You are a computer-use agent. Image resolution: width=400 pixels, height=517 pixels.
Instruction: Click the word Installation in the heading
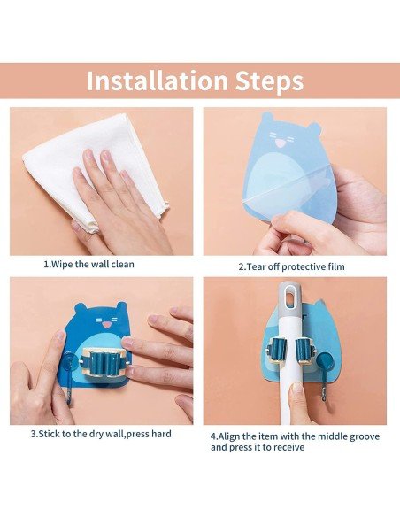point(158,81)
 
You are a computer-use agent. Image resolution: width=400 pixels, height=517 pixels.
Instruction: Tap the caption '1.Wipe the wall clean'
point(89,264)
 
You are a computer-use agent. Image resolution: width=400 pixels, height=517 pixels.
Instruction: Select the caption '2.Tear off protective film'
point(292,266)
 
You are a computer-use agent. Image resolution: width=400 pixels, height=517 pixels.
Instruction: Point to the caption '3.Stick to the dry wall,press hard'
point(101,434)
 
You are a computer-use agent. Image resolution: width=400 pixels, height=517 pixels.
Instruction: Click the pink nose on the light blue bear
point(281,143)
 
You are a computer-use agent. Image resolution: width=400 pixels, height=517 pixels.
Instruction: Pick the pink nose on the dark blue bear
point(106,325)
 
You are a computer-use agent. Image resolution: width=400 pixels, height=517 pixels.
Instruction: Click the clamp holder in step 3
point(103,362)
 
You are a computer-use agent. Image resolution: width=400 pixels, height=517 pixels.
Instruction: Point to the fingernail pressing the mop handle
point(297,388)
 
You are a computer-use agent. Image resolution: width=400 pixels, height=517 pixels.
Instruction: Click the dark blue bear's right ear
point(120,306)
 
